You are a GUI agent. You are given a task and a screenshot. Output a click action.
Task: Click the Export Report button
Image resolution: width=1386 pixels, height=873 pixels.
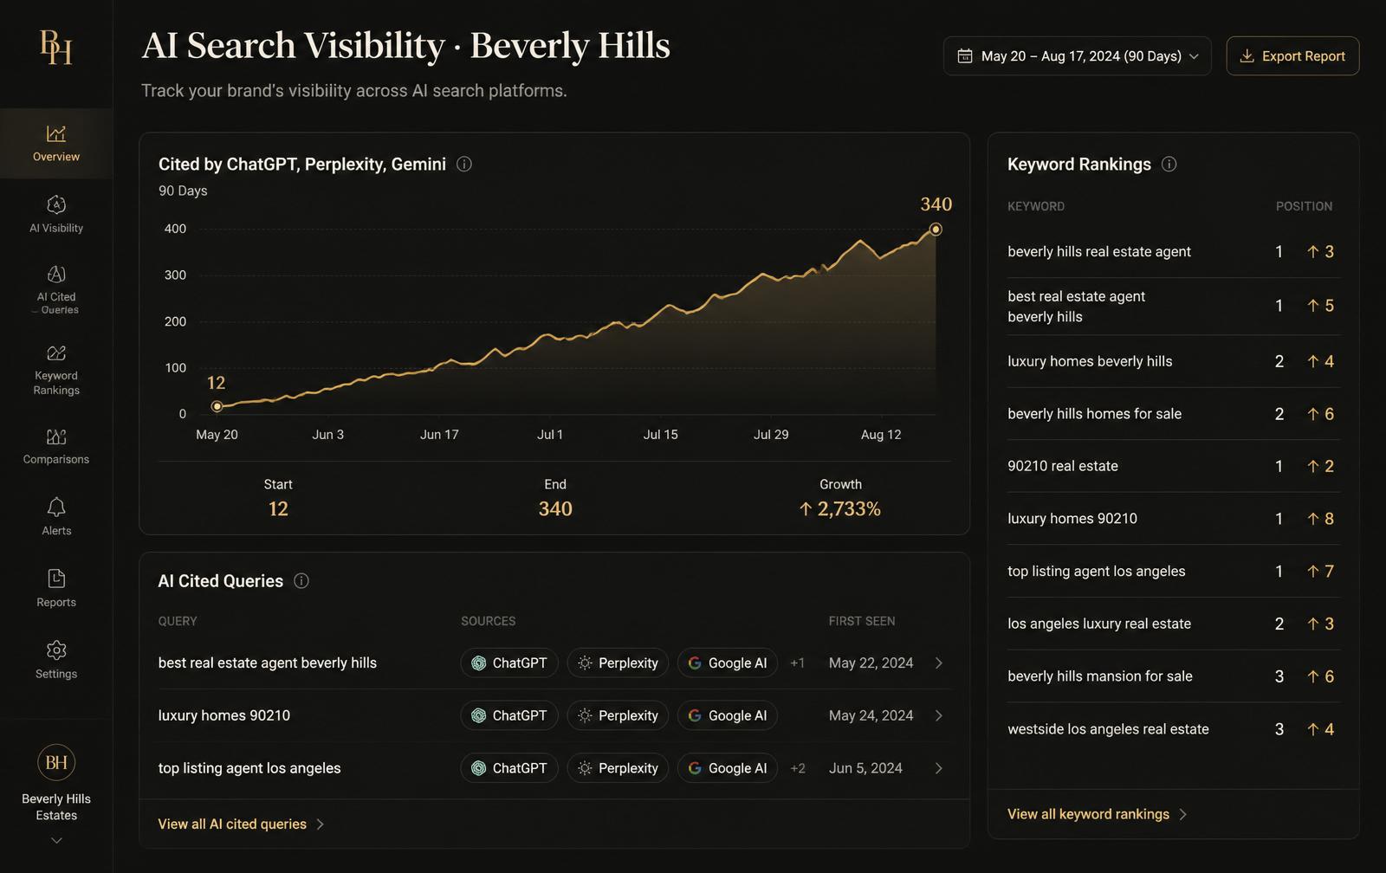[x=1292, y=56]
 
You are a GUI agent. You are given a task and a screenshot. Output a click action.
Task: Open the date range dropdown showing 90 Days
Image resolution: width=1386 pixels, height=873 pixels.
[x=1078, y=56]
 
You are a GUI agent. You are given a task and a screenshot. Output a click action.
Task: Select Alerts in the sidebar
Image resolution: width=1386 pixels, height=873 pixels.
[x=56, y=517]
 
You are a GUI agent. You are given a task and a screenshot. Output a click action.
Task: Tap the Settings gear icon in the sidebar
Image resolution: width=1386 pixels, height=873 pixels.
[x=56, y=650]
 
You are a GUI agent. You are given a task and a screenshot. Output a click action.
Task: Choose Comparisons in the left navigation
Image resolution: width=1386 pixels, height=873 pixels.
[x=56, y=446]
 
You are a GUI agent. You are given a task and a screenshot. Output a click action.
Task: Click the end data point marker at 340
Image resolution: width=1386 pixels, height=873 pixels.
[x=936, y=230]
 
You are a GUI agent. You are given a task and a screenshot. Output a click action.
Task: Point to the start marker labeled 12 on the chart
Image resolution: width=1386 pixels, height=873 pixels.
[x=217, y=406]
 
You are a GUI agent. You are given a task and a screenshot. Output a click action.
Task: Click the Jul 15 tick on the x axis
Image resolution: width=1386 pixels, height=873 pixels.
[x=660, y=434]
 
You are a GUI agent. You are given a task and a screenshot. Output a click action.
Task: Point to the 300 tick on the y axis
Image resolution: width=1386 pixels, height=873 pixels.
[x=175, y=275]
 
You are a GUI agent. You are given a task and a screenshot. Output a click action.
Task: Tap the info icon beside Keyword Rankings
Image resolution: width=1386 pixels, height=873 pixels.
[x=1169, y=164]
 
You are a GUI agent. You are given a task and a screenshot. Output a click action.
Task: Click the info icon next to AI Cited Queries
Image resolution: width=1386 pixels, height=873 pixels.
[x=301, y=580]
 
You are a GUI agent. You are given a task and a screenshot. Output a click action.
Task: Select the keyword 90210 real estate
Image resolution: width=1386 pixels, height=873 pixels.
[x=1062, y=466]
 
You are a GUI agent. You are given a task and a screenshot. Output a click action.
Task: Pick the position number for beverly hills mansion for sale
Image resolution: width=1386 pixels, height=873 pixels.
[x=1279, y=676]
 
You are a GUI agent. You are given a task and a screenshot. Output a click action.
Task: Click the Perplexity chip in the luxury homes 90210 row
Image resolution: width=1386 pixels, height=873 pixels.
[x=618, y=715]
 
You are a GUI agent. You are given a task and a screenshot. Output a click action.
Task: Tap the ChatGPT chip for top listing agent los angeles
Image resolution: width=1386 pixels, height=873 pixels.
[x=509, y=768]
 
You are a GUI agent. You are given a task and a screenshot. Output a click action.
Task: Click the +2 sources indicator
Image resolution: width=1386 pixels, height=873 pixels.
[x=798, y=768]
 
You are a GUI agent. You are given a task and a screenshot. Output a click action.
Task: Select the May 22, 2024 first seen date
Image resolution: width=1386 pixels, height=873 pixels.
[x=871, y=663]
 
